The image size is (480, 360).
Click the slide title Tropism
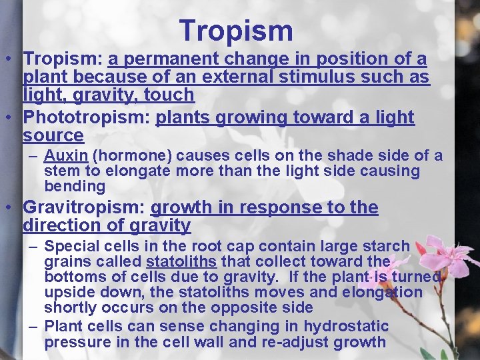pyautogui.click(x=236, y=31)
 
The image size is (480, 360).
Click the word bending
pyautogui.click(x=75, y=187)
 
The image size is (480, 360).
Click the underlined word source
pyautogui.click(x=53, y=136)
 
